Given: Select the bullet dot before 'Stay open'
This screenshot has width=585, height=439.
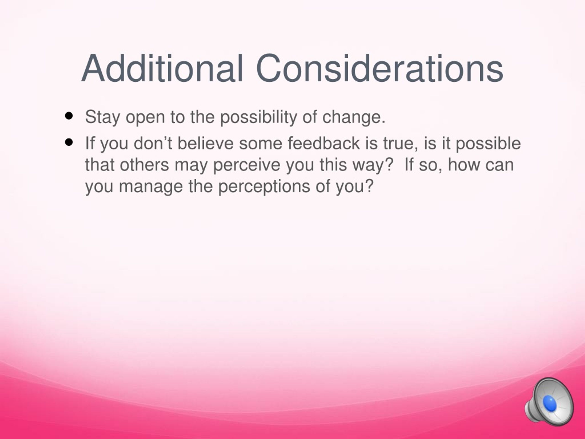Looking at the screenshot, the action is point(69,116).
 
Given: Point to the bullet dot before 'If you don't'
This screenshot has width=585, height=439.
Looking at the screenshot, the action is point(69,143).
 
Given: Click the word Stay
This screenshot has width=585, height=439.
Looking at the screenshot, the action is point(102,117).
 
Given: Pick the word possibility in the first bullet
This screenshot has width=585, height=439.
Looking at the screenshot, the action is point(259,117).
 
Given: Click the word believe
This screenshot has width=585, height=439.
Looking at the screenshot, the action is point(205,143).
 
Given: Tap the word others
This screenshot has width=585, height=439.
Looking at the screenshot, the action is point(144,165).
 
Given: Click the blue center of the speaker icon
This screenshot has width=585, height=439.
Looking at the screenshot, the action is point(550,404).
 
